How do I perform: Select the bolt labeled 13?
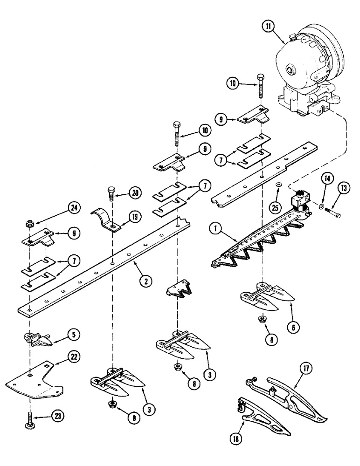click(x=331, y=213)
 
